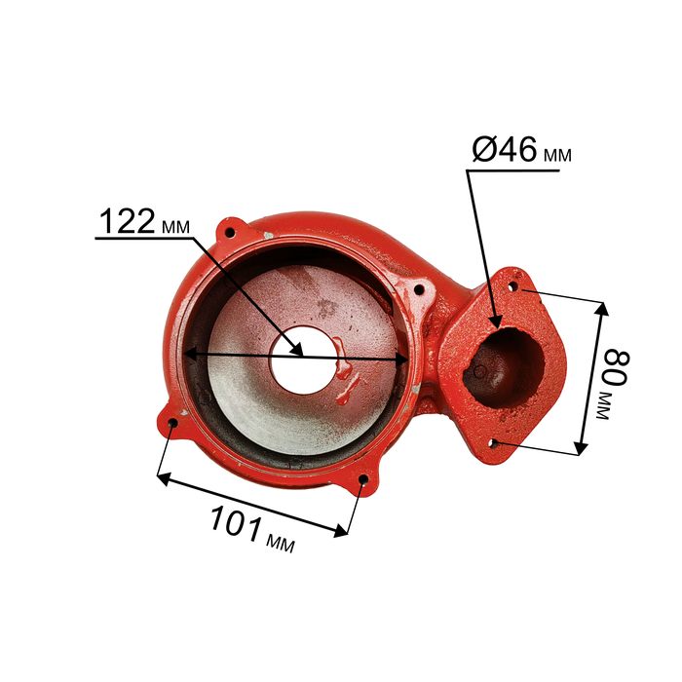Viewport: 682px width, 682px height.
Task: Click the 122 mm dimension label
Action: [x=145, y=221]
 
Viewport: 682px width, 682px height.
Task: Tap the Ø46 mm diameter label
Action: [x=521, y=150]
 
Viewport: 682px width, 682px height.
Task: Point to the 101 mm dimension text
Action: [x=252, y=530]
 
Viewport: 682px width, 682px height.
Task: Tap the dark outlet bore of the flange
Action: [x=504, y=367]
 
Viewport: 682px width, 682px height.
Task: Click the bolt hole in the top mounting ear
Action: [x=230, y=232]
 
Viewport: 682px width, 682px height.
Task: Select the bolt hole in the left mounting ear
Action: [x=172, y=423]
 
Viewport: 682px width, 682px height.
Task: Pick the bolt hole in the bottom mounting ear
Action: [x=362, y=479]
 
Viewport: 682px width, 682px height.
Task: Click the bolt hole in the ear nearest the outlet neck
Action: [x=418, y=288]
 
